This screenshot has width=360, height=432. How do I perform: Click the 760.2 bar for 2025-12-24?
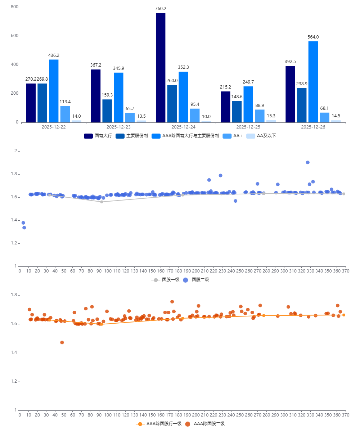tap(161, 68)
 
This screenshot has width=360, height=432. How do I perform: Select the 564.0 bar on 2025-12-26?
tap(313, 82)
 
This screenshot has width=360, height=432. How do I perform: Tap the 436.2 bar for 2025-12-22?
tap(54, 91)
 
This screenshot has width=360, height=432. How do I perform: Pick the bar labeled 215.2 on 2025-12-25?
tap(225, 107)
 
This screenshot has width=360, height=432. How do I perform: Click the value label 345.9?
tap(118, 68)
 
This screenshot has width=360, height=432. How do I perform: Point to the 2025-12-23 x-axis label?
tap(118, 127)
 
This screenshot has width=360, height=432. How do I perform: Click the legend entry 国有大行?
tap(98, 136)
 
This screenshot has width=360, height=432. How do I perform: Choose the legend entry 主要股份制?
tap(132, 136)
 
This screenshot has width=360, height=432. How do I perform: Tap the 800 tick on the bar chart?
tap(14, 7)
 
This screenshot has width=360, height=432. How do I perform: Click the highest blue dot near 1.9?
tap(308, 162)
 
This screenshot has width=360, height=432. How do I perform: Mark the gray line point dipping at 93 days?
tap(102, 202)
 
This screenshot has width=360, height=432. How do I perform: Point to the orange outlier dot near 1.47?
tap(62, 342)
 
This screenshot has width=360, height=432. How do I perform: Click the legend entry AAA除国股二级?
tap(205, 424)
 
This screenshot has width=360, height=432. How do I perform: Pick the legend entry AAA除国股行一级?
tap(159, 424)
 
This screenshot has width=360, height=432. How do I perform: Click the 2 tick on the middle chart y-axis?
tap(15, 151)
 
